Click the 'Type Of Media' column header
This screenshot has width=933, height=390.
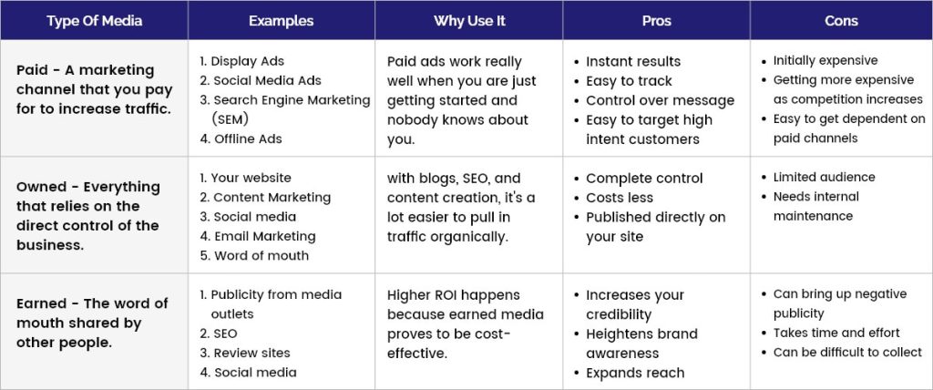94,21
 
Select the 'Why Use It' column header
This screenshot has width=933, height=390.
469,21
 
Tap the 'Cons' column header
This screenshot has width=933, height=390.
841,21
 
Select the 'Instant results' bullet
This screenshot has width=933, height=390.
633,61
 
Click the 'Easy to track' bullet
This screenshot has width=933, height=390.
629,81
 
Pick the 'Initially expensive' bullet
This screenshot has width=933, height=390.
825,61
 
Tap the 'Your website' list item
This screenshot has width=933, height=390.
251,178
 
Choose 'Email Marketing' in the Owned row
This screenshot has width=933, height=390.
265,236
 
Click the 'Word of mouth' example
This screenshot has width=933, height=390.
261,255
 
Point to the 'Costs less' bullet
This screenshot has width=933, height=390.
620,198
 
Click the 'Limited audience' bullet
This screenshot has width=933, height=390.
824,177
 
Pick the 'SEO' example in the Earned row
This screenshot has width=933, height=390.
226,334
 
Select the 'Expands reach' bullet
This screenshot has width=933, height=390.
635,373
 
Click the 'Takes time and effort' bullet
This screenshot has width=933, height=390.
836,333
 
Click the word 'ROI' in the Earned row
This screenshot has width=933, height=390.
444,294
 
